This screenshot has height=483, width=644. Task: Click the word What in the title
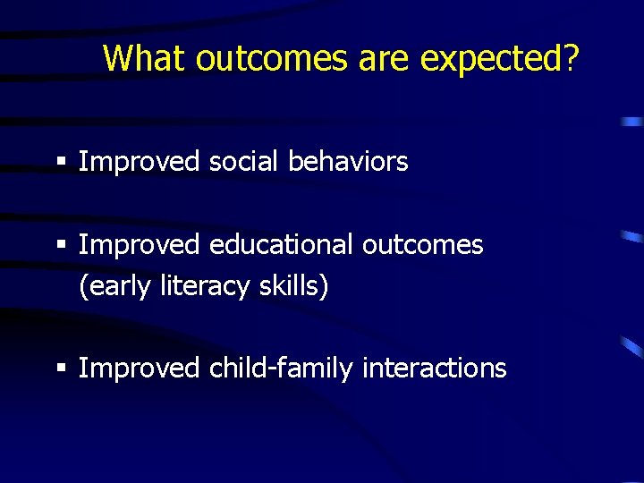coord(145,58)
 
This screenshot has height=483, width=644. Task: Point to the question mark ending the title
coord(570,58)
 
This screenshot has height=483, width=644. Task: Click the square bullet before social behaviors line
coord(61,163)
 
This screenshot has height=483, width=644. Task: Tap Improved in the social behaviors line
coord(140,162)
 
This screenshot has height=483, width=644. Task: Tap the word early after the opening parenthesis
coord(119,287)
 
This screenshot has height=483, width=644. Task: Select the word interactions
coord(435,368)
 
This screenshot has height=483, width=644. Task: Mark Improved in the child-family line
coord(140,368)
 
